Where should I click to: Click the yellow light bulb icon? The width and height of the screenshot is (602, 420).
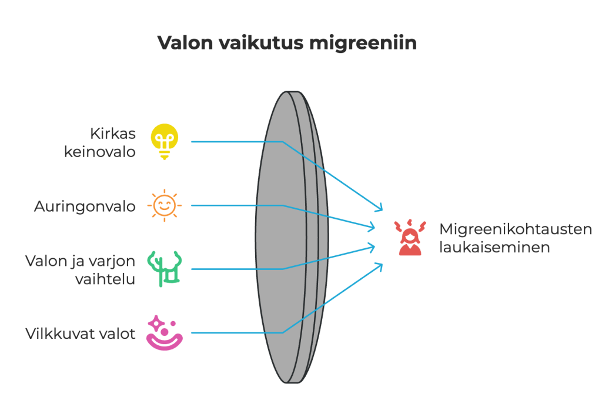165,142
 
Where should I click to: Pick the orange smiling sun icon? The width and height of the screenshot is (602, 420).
165,205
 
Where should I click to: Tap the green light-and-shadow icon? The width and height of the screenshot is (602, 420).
165,269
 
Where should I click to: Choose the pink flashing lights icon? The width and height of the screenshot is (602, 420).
165,334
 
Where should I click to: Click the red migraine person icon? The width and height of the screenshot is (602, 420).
410,238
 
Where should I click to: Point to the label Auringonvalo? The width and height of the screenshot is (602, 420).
85,206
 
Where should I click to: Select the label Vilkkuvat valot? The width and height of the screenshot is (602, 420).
81,334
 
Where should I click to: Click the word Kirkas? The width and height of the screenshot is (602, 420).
112,133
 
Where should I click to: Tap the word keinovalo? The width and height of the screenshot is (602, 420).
100,151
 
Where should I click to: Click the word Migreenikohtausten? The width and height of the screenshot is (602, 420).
516,229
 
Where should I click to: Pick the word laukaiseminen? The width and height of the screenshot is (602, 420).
494,247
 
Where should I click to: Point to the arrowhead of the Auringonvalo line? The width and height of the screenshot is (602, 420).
373,226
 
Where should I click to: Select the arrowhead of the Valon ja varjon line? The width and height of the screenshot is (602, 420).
373,245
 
